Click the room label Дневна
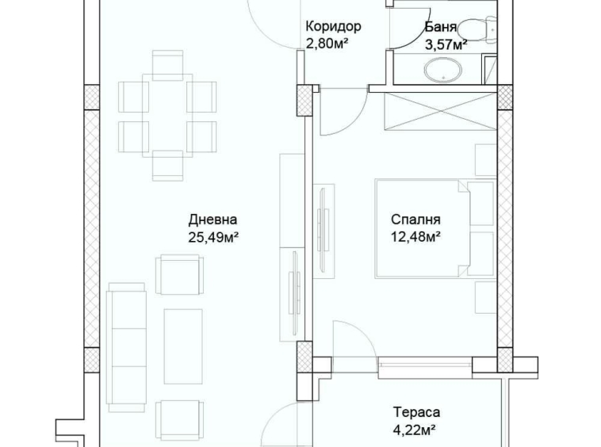[x=212, y=220]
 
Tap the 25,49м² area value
[x=214, y=236]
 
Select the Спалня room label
[x=415, y=220]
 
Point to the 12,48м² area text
[x=415, y=236]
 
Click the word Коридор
[x=333, y=26]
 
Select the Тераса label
[x=417, y=412]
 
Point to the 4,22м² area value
[x=417, y=430]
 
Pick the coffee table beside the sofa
[x=183, y=346]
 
